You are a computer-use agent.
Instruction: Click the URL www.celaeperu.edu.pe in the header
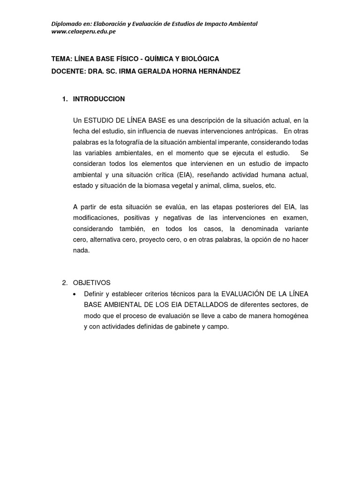tap(84, 31)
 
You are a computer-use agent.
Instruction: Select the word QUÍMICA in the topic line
tap(162, 59)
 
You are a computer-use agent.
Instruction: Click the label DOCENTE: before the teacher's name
tap(69, 71)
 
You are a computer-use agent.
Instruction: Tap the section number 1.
tap(65, 99)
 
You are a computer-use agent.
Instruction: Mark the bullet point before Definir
tap(76, 294)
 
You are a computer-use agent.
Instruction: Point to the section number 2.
tap(65, 283)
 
